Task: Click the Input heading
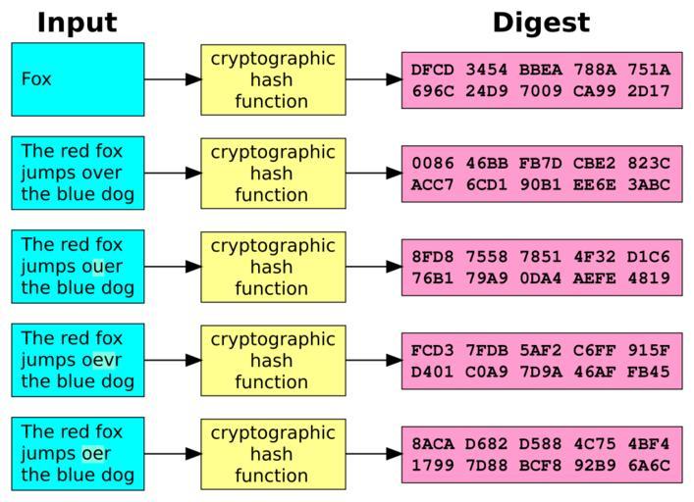tap(77, 23)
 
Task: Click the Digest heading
tap(541, 23)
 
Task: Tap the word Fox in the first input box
tap(36, 79)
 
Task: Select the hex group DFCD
tap(433, 70)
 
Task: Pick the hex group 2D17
tap(649, 91)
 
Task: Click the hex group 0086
tap(433, 163)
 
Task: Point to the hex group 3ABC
tap(649, 184)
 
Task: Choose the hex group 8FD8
tap(433, 257)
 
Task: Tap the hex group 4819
tap(649, 278)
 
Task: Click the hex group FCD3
tap(433, 351)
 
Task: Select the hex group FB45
tap(649, 373)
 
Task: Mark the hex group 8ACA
tap(433, 444)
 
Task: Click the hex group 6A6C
tap(649, 466)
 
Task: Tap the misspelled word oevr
tap(101, 360)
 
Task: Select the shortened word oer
tap(96, 454)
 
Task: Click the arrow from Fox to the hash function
tap(173, 79)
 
